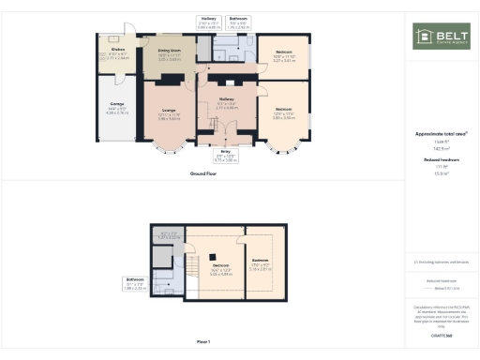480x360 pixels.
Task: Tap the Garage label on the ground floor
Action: click(117, 111)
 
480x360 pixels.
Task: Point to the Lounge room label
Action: click(169, 113)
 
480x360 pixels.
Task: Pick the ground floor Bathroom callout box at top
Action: click(239, 22)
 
